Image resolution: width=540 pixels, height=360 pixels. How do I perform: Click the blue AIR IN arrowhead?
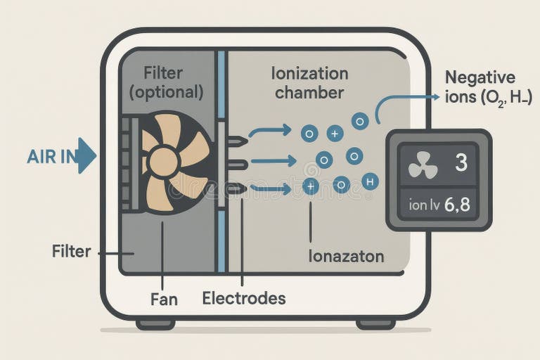pyautogui.click(x=86, y=155)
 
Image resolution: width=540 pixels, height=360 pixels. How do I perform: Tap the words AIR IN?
pyautogui.click(x=51, y=156)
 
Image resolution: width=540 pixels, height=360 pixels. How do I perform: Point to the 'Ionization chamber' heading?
pyautogui.click(x=309, y=82)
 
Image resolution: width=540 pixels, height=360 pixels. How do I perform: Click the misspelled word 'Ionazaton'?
pyautogui.click(x=346, y=256)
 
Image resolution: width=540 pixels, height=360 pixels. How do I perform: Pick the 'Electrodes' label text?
pyautogui.click(x=244, y=298)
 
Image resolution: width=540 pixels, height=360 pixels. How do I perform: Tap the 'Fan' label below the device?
pyautogui.click(x=164, y=299)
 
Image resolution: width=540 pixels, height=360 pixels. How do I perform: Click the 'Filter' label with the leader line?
pyautogui.click(x=71, y=251)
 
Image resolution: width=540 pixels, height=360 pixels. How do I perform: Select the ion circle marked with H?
pyautogui.click(x=371, y=181)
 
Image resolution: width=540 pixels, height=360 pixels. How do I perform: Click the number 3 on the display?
pyautogui.click(x=461, y=163)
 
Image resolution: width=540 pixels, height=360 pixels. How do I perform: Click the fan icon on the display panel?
pyautogui.click(x=423, y=165)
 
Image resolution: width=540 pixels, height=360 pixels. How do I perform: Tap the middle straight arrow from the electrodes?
pyautogui.click(x=274, y=162)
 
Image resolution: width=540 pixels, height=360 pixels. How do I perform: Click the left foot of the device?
pyautogui.click(x=155, y=324)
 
